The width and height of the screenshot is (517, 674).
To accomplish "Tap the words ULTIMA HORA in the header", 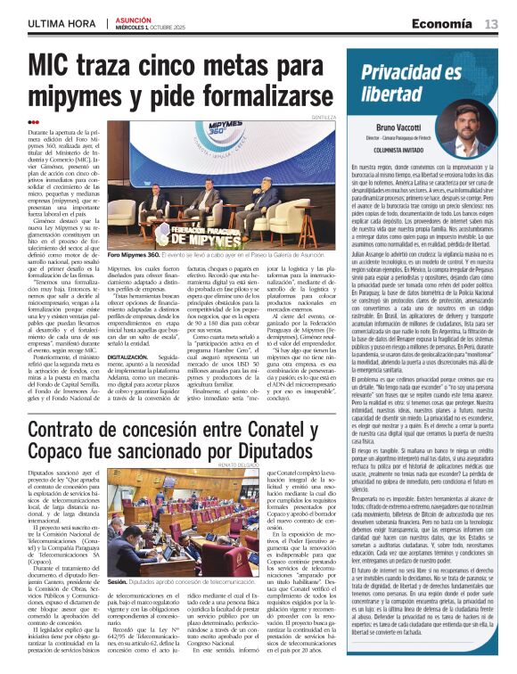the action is tap(62, 21).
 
